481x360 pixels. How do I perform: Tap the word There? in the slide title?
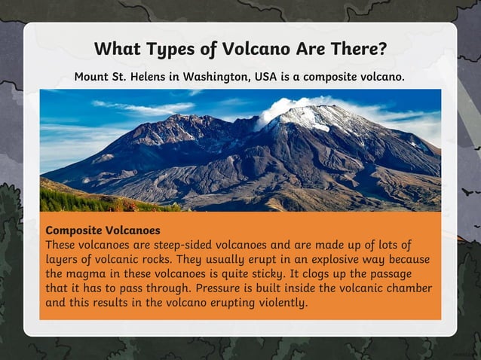pos(357,50)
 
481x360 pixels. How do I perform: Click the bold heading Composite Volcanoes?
pos(103,229)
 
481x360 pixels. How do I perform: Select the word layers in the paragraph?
pos(64,259)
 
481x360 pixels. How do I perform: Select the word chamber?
pos(407,288)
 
